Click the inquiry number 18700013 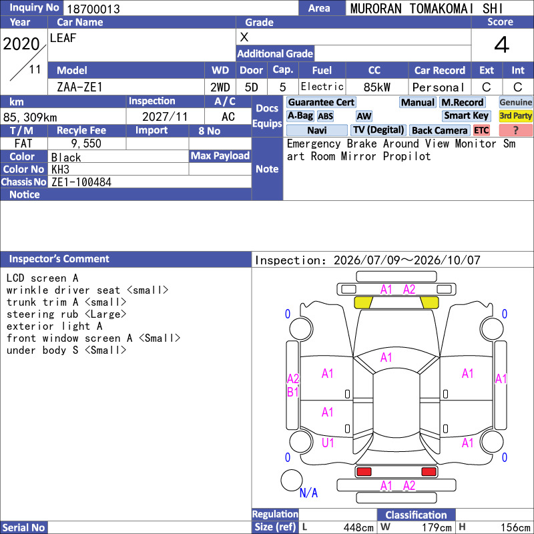click(x=93, y=9)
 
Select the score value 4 click(x=502, y=45)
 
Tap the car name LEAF click(x=63, y=38)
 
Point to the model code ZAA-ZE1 click(x=79, y=87)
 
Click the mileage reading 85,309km click(x=30, y=117)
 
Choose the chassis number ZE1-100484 click(x=81, y=182)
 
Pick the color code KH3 click(x=60, y=170)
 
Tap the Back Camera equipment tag click(x=439, y=130)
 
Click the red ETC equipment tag click(x=481, y=130)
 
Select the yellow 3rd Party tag click(x=515, y=116)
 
